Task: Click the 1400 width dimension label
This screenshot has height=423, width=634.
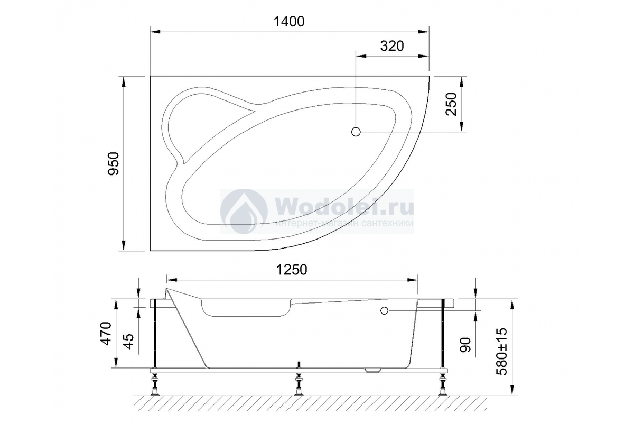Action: pyautogui.click(x=289, y=22)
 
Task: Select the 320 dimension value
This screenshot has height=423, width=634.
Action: pyautogui.click(x=391, y=46)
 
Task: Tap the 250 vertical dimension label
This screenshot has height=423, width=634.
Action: pyautogui.click(x=451, y=104)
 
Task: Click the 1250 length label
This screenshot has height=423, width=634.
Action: pyautogui.click(x=292, y=270)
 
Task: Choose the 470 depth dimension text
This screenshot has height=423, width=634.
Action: pyautogui.click(x=107, y=334)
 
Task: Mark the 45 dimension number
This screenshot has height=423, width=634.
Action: pyautogui.click(x=128, y=342)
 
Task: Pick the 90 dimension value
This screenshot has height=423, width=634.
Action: pyautogui.click(x=465, y=345)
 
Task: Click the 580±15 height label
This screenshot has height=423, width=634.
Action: pyautogui.click(x=502, y=352)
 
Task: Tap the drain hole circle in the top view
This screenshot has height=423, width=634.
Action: pyautogui.click(x=356, y=132)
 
